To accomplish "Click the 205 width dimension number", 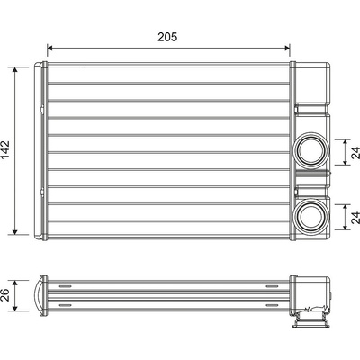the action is coord(167,37).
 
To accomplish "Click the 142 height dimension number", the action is coord(5,150).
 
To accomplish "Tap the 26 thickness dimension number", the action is coord(5,295).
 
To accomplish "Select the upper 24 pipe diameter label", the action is coord(355,152).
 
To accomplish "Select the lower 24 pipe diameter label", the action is coord(355,218).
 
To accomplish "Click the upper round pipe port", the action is coord(310,151).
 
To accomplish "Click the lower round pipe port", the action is coord(310,216).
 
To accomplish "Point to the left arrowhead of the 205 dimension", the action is coord(50,48).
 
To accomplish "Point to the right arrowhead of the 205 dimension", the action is coord(287,48).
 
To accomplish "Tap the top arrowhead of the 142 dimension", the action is coord(15,70).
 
